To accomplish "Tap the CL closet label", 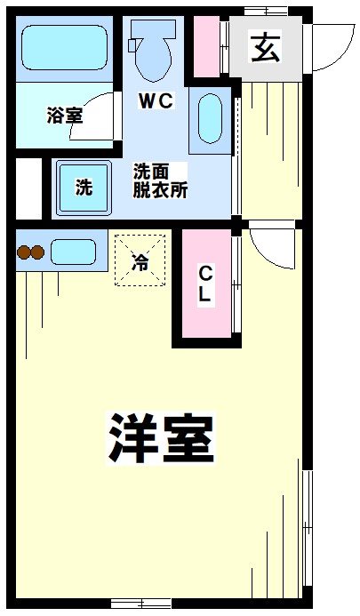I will tap(204, 285).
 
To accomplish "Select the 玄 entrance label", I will tap(264, 47).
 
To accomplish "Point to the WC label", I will tap(155, 101).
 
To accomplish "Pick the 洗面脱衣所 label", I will tap(160, 180).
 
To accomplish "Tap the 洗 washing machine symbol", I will tap(83, 188).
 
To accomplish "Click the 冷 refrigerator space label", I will tap(140, 261).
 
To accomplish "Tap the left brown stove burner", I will tap(23, 252).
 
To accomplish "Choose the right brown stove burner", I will tap(38, 252).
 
